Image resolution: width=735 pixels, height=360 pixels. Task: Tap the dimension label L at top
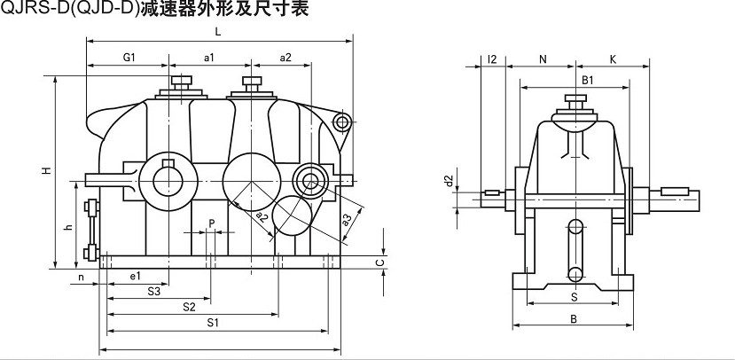click(217, 32)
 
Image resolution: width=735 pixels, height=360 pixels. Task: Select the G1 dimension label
click(128, 58)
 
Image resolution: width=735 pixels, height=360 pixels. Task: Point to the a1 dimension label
click(210, 58)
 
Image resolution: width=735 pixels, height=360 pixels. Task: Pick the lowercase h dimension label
click(68, 227)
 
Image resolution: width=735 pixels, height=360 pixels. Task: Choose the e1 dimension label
click(135, 277)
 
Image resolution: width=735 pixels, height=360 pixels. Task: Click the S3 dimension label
click(153, 291)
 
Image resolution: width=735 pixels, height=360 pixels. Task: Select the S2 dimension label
click(189, 307)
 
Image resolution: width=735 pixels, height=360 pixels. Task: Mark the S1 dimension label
click(213, 324)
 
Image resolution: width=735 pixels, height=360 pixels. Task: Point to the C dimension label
click(379, 262)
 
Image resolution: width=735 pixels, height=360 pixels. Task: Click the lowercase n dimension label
click(81, 277)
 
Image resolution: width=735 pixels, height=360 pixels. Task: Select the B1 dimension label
click(587, 81)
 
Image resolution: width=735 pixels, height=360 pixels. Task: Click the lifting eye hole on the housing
click(342, 122)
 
